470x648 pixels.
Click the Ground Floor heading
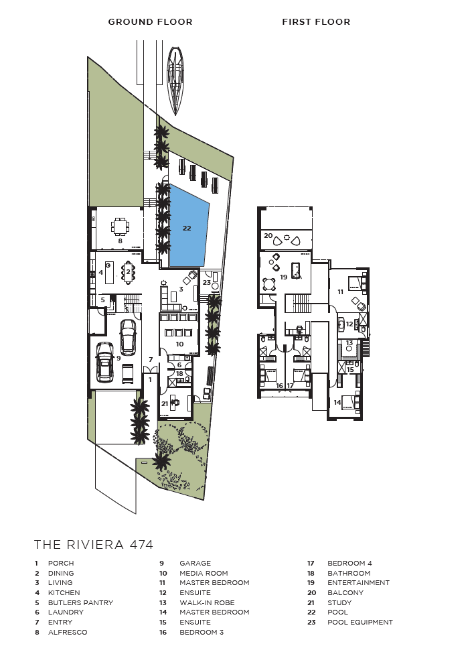coord(151,22)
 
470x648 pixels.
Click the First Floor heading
coord(316,22)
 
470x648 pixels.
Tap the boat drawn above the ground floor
coord(175,80)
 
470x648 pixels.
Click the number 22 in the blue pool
coord(187,228)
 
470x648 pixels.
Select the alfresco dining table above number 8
coord(120,226)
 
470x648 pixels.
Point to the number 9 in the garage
coord(119,358)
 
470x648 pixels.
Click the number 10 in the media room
coord(179,344)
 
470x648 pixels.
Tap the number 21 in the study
coord(165,404)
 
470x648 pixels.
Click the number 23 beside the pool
coord(206,283)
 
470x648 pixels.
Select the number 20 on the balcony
coord(268,236)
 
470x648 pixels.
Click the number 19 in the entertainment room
coord(283,277)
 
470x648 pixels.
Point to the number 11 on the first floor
coord(340,291)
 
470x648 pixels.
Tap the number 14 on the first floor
coord(337,402)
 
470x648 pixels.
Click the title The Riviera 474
coord(94,544)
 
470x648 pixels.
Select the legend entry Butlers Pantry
coord(80,602)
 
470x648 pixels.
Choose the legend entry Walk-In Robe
coord(207,602)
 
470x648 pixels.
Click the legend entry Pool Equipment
coord(360,622)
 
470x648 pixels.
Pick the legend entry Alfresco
coord(68,632)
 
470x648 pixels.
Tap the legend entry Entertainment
coord(358,583)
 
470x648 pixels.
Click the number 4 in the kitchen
coord(101,273)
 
